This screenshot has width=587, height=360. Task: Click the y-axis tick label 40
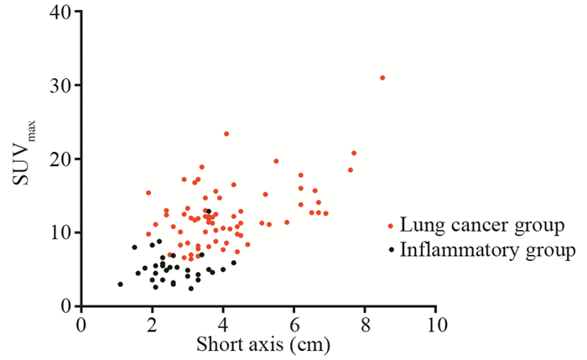coord(60,12)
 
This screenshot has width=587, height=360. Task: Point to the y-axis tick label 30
coord(60,86)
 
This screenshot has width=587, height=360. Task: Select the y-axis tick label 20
coord(60,159)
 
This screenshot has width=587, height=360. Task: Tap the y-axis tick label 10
coord(60,232)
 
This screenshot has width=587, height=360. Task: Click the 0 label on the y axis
coord(65,306)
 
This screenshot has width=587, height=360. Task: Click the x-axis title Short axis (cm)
coord(252,344)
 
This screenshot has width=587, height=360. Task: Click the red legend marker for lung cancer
coord(390,226)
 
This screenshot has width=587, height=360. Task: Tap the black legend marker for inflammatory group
coord(390,250)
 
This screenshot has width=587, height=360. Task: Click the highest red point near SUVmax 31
coord(382,77)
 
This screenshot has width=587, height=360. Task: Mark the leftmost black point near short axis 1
coord(120,284)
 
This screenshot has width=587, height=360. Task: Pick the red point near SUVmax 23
coord(226,133)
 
